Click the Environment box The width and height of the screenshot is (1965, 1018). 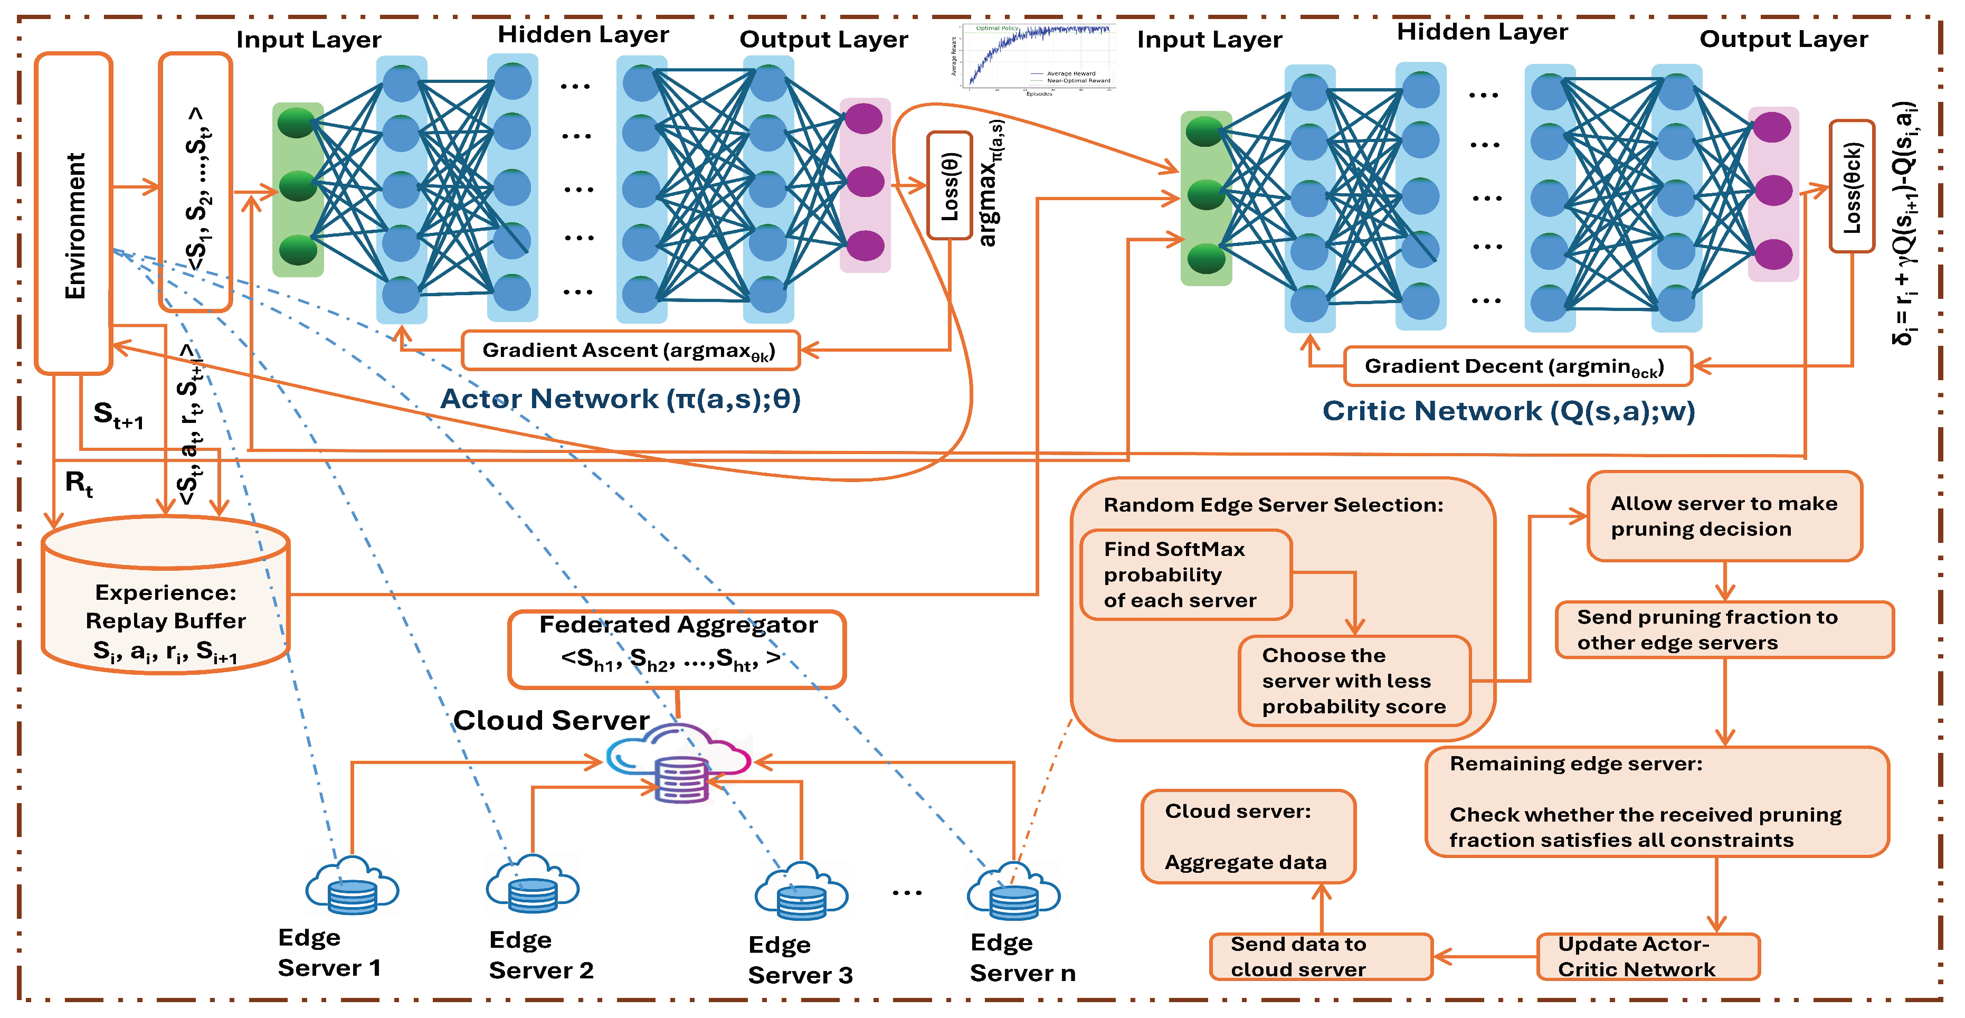pyautogui.click(x=74, y=214)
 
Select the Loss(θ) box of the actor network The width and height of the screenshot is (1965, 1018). pyautogui.click(x=949, y=185)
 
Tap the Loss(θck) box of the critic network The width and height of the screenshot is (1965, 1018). pyautogui.click(x=1852, y=186)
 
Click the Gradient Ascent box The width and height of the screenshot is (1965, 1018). pyautogui.click(x=630, y=350)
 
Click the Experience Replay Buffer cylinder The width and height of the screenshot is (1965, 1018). pyautogui.click(x=166, y=603)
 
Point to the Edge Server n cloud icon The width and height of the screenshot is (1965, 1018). pyautogui.click(x=1013, y=891)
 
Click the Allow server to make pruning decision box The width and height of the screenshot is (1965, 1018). pyautogui.click(x=1724, y=516)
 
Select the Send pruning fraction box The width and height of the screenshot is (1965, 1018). pyautogui.click(x=1724, y=629)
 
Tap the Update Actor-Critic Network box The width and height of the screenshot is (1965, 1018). pyautogui.click(x=1648, y=956)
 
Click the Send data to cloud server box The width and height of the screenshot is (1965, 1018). pyautogui.click(x=1321, y=956)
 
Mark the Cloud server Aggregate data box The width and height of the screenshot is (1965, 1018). pyautogui.click(x=1247, y=836)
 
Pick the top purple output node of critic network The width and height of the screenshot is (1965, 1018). pyautogui.click(x=1771, y=127)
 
